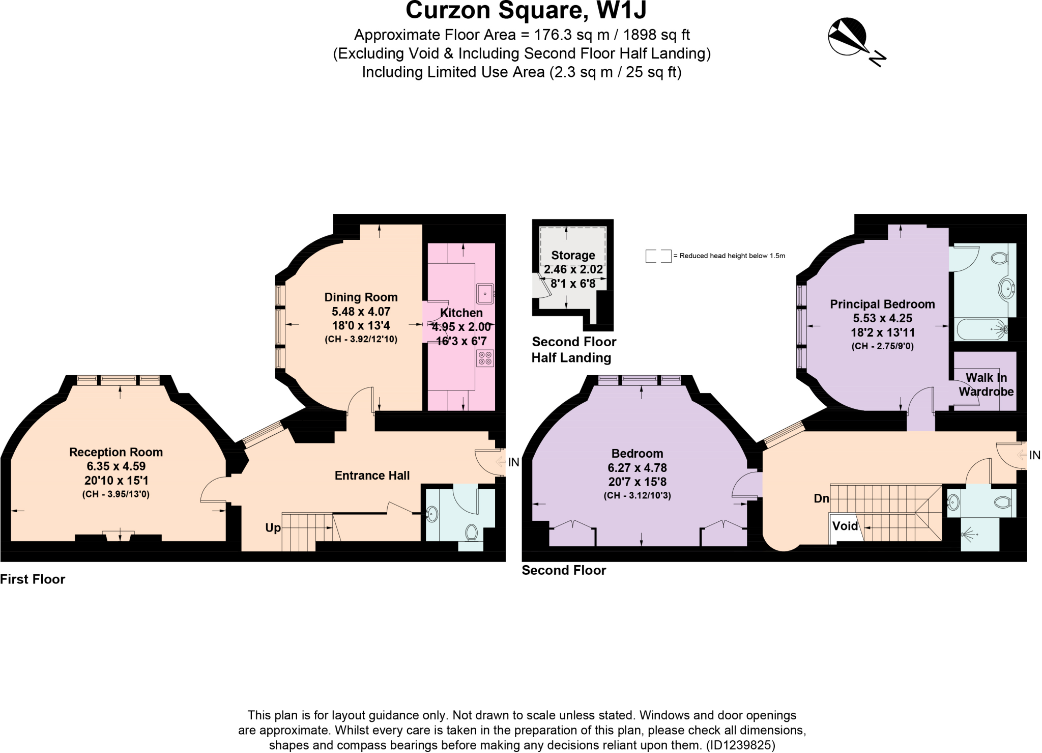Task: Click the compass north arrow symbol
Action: [848, 37]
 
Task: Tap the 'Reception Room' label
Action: [116, 452]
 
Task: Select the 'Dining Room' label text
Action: [361, 297]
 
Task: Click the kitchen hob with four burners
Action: [485, 358]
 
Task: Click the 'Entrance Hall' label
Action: [372, 476]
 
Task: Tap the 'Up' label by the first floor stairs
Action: [273, 528]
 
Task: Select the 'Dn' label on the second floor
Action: [821, 498]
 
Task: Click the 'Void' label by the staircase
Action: [845, 526]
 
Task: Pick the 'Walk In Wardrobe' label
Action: [986, 385]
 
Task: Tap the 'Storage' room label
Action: [573, 256]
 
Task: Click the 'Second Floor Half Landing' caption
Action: [573, 350]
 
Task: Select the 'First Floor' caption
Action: [33, 579]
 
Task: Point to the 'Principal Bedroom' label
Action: [882, 304]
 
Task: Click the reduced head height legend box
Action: [658, 256]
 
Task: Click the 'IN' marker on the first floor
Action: [513, 462]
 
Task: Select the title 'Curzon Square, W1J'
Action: [526, 11]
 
